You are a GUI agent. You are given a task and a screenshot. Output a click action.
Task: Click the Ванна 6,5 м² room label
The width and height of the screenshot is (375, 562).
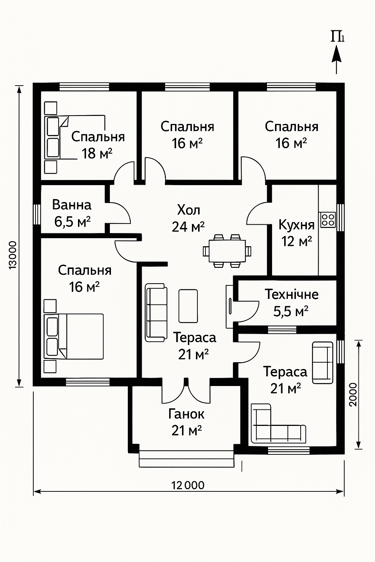(72, 214)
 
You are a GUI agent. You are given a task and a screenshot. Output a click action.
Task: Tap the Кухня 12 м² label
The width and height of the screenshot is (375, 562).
(296, 233)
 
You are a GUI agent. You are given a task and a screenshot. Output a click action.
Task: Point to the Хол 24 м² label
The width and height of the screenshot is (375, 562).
(188, 218)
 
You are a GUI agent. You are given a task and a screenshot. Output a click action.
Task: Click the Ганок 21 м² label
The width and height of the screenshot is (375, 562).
(186, 423)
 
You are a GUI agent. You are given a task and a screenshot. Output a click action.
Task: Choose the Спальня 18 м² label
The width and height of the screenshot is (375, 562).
(98, 145)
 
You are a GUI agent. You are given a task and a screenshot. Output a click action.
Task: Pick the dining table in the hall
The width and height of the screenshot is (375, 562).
(227, 251)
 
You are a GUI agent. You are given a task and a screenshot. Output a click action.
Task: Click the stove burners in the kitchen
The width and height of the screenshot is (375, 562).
(328, 220)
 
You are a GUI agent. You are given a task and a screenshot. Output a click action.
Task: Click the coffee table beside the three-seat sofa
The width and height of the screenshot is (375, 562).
(188, 306)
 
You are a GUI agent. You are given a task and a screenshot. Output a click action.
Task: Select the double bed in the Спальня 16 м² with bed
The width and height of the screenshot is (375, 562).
(74, 337)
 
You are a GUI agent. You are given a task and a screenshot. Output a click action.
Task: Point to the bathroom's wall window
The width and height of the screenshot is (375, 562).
(37, 214)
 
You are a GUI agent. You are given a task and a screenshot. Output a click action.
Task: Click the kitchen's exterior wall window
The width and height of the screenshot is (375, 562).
(340, 217)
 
